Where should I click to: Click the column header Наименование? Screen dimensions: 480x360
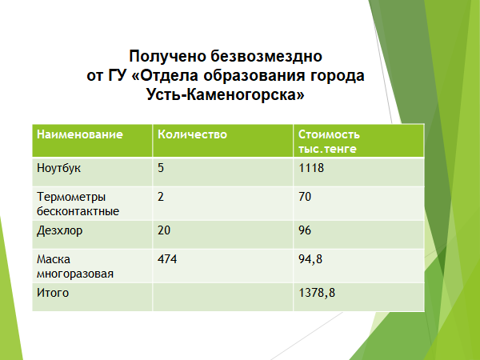tap(79, 134)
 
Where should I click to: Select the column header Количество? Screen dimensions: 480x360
tap(192, 134)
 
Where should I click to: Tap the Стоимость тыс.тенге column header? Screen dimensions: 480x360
tap(329, 142)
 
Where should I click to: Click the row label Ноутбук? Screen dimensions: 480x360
tap(58, 168)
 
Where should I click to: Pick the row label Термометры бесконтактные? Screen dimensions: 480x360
tap(78, 204)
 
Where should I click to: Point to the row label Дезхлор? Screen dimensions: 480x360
tap(60, 230)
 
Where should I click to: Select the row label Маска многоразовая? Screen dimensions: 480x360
tap(75, 266)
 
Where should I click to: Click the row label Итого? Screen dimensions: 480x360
tap(53, 293)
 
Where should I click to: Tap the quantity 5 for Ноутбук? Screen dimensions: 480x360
tap(161, 168)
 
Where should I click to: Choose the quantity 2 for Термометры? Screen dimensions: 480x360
tap(161, 197)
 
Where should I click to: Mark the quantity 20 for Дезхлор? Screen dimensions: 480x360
tap(164, 230)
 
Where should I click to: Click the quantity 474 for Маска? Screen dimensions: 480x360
tap(167, 259)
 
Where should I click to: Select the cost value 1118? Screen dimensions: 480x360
tap(311, 168)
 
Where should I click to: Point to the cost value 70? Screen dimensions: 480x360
tap(305, 197)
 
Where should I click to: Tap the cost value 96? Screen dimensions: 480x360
tap(305, 230)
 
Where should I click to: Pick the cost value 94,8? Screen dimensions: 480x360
tap(310, 259)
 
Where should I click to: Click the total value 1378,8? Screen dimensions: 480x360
tap(317, 294)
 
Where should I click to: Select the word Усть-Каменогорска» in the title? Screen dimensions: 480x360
tap(226, 94)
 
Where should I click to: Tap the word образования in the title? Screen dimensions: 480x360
tap(254, 76)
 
